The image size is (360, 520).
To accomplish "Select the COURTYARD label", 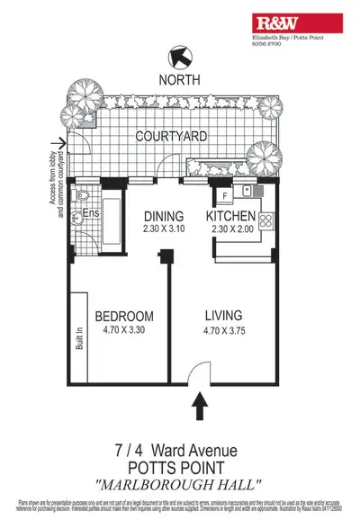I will [x=171, y=137].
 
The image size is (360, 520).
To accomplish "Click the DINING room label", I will [x=164, y=216].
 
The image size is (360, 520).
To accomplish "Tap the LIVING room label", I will [x=224, y=316].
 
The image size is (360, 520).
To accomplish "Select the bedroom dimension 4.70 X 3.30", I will [x=123, y=330].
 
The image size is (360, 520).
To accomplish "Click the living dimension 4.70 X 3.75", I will [x=224, y=330].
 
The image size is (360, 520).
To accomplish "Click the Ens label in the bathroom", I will [x=91, y=214].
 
